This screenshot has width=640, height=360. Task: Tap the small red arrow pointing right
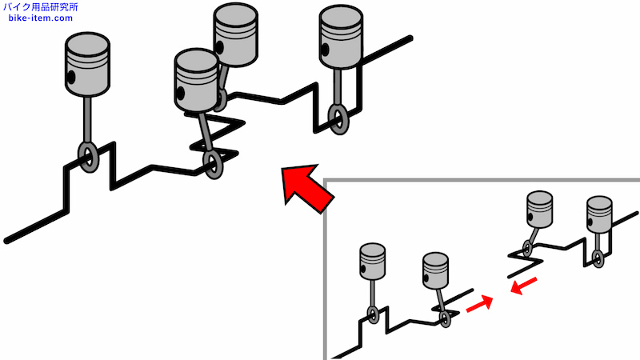pyautogui.click(x=479, y=304)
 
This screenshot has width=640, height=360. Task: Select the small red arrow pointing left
pyautogui.click(x=524, y=286)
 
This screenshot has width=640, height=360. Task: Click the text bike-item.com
pyautogui.click(x=41, y=18)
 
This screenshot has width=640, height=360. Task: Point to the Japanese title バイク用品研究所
pyautogui.click(x=40, y=7)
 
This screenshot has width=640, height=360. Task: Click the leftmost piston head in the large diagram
pyautogui.click(x=87, y=64)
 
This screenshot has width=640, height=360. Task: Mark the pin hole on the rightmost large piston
pyautogui.click(x=325, y=50)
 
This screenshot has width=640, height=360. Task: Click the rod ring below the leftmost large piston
pyautogui.click(x=88, y=157)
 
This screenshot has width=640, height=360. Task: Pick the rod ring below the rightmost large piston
pyautogui.click(x=338, y=118)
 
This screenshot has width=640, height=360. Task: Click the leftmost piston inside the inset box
pyautogui.click(x=372, y=262)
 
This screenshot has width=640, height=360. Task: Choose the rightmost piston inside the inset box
pyautogui.click(x=599, y=214)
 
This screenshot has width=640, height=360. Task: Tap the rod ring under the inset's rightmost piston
pyautogui.click(x=598, y=258)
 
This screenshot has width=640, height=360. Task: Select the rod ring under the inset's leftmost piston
pyautogui.click(x=373, y=315)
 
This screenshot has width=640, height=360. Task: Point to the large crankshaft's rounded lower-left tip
pyautogui.click(x=7, y=241)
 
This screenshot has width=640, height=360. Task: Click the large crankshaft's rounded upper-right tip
pyautogui.click(x=410, y=38)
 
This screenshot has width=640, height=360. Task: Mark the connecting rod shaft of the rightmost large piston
pyautogui.click(x=338, y=87)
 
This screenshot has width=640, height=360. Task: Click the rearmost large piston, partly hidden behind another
pyautogui.click(x=235, y=34)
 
